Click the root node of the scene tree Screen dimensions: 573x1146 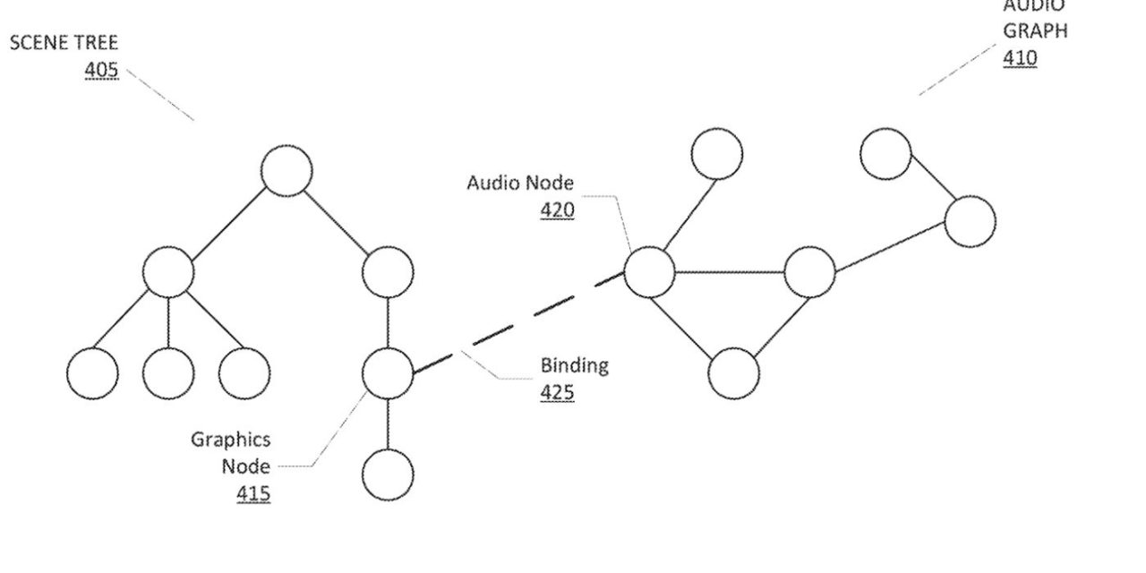[x=286, y=170]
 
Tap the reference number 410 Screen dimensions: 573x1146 [x=1020, y=58]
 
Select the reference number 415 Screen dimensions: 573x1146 [x=253, y=492]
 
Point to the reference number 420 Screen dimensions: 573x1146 [x=557, y=210]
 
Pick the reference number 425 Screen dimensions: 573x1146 [x=557, y=392]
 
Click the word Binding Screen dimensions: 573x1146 [x=574, y=365]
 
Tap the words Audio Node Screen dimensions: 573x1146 [x=520, y=184]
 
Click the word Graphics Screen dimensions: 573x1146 [x=230, y=440]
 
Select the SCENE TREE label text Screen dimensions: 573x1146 [x=64, y=43]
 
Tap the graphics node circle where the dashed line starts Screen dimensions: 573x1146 [x=388, y=373]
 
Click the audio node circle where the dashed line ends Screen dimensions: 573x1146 [x=649, y=272]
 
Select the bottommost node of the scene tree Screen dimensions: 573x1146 [x=388, y=475]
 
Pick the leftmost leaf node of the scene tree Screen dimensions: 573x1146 [x=92, y=373]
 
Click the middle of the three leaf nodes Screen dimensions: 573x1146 [x=168, y=373]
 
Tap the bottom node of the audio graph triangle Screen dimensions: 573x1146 [x=733, y=372]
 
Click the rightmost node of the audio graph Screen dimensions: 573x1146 [x=970, y=221]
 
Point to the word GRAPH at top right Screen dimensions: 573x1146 [x=1034, y=30]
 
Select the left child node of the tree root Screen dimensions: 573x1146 [x=168, y=272]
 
